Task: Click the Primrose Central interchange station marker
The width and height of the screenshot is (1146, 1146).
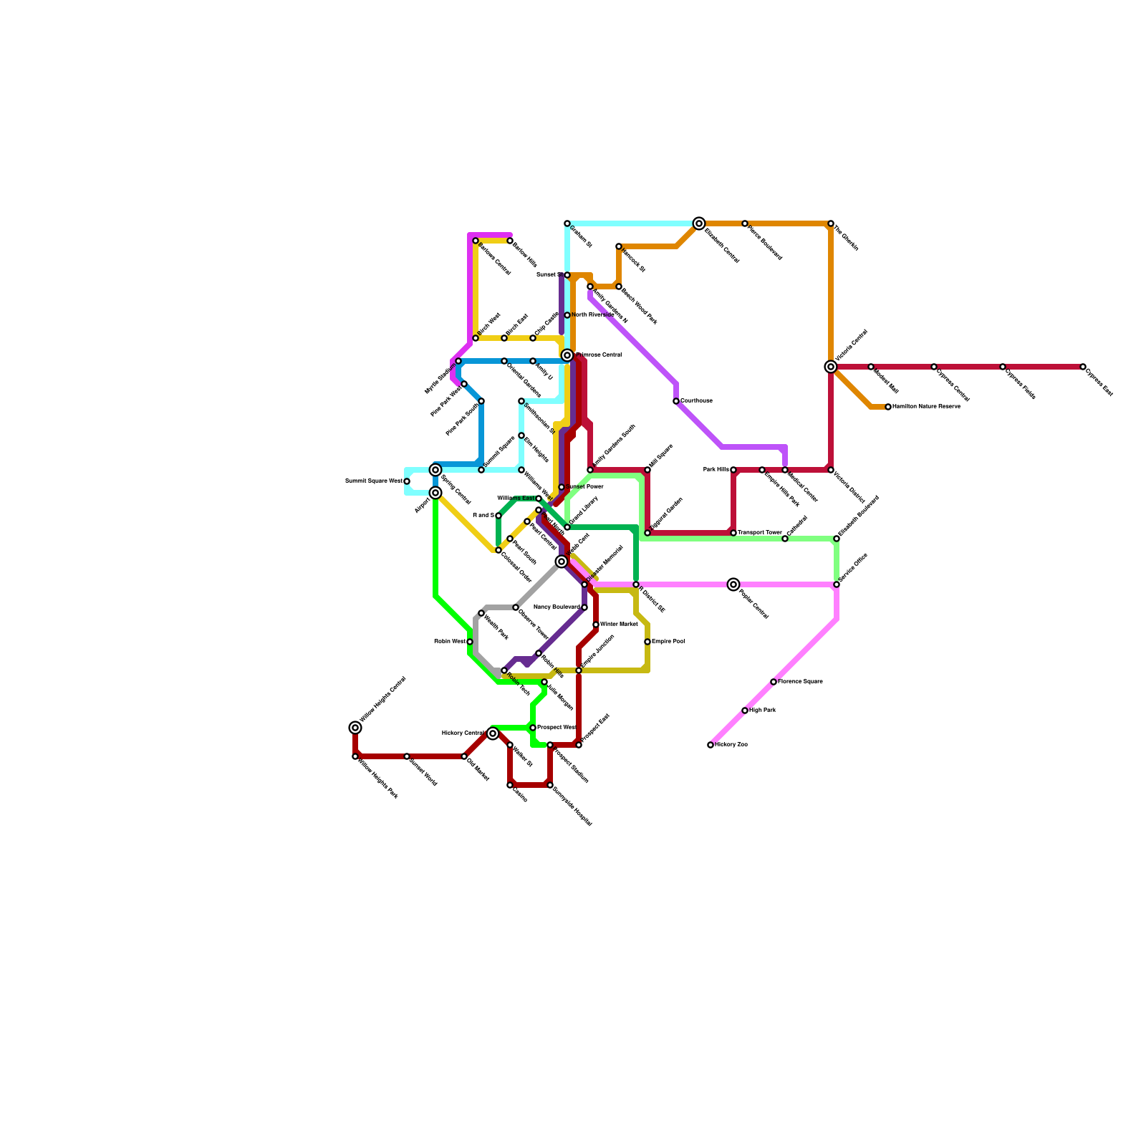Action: pyautogui.click(x=567, y=355)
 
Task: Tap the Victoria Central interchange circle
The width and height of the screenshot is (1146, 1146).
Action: pyautogui.click(x=831, y=367)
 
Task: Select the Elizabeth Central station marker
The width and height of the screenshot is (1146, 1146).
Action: pyautogui.click(x=699, y=223)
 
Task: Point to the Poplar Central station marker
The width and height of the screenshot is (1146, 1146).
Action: pyautogui.click(x=733, y=584)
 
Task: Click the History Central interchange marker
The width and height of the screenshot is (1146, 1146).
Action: pyautogui.click(x=493, y=733)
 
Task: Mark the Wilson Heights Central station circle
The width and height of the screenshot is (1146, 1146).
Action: pyautogui.click(x=355, y=728)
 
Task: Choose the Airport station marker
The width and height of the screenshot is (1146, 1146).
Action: pyautogui.click(x=435, y=493)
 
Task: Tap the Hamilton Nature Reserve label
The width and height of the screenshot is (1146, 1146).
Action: pyautogui.click(x=926, y=407)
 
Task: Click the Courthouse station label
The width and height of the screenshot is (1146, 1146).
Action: pyautogui.click(x=696, y=401)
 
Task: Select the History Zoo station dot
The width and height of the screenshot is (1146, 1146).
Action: pyautogui.click(x=711, y=745)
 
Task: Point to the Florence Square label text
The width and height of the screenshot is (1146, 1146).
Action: pyautogui.click(x=800, y=682)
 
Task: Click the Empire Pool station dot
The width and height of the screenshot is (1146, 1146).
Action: pyautogui.click(x=647, y=642)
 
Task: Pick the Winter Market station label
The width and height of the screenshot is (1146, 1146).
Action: pyautogui.click(x=619, y=625)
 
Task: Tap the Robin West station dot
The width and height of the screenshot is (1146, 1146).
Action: pyautogui.click(x=470, y=642)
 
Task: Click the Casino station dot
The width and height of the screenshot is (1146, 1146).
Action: pyautogui.click(x=510, y=785)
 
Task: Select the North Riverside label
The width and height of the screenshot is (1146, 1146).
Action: pyautogui.click(x=593, y=315)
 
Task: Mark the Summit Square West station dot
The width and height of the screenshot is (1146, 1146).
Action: pyautogui.click(x=407, y=481)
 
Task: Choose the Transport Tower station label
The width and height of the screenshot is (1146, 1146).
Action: pyautogui.click(x=760, y=533)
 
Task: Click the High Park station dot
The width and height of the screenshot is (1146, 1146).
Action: pyautogui.click(x=745, y=711)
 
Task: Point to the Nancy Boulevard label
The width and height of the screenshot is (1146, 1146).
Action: pyautogui.click(x=557, y=607)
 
